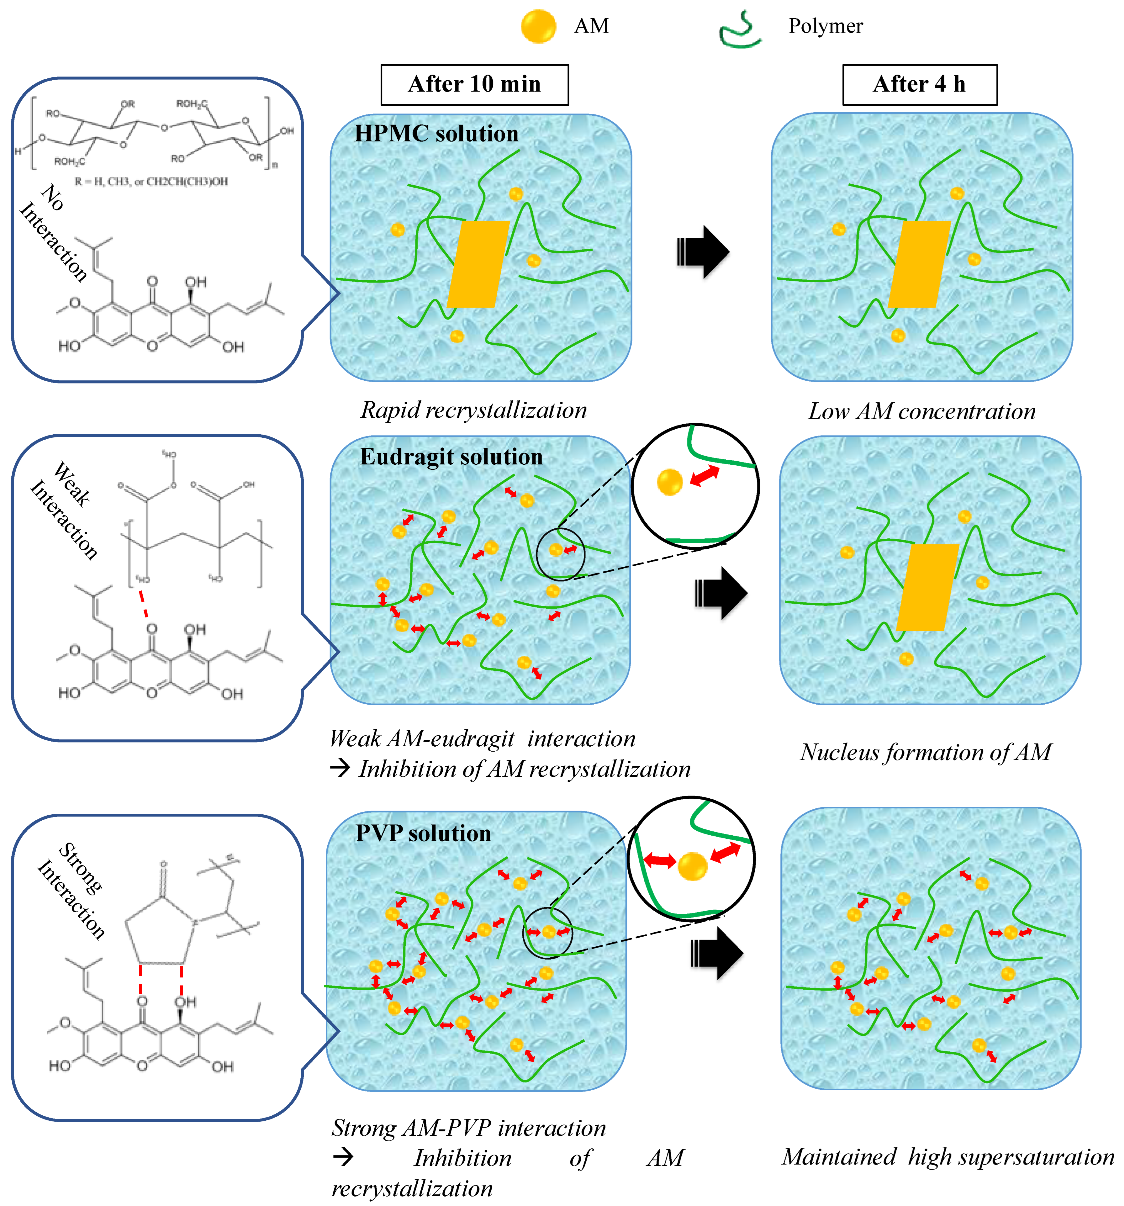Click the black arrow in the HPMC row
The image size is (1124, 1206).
703,252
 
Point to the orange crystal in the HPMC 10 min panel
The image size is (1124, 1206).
478,264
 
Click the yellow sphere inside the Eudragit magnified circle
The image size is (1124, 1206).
670,482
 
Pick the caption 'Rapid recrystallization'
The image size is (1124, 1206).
473,410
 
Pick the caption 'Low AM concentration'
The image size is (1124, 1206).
921,411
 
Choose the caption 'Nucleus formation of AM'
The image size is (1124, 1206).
925,752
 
